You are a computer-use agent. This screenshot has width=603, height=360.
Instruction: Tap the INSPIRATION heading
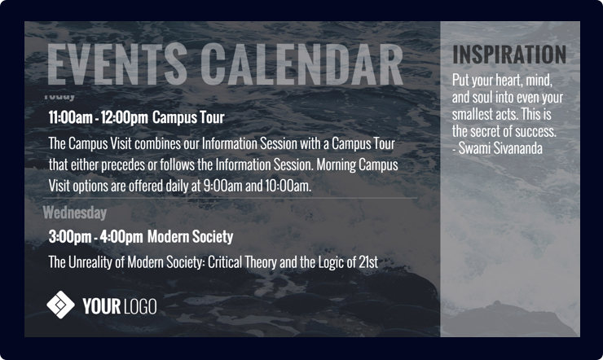509,55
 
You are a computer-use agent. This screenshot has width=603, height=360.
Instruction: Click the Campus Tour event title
188,117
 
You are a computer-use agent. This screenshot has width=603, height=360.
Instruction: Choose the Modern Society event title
190,237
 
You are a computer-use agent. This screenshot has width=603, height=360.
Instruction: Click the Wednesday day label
74,213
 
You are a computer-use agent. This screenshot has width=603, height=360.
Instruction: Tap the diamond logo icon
60,305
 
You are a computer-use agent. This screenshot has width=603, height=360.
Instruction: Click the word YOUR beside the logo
102,306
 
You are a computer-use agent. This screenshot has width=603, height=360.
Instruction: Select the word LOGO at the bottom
140,306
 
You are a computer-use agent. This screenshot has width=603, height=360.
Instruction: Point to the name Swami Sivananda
501,148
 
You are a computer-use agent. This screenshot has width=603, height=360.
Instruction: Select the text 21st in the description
367,262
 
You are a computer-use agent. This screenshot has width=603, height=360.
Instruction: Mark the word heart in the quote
513,81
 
